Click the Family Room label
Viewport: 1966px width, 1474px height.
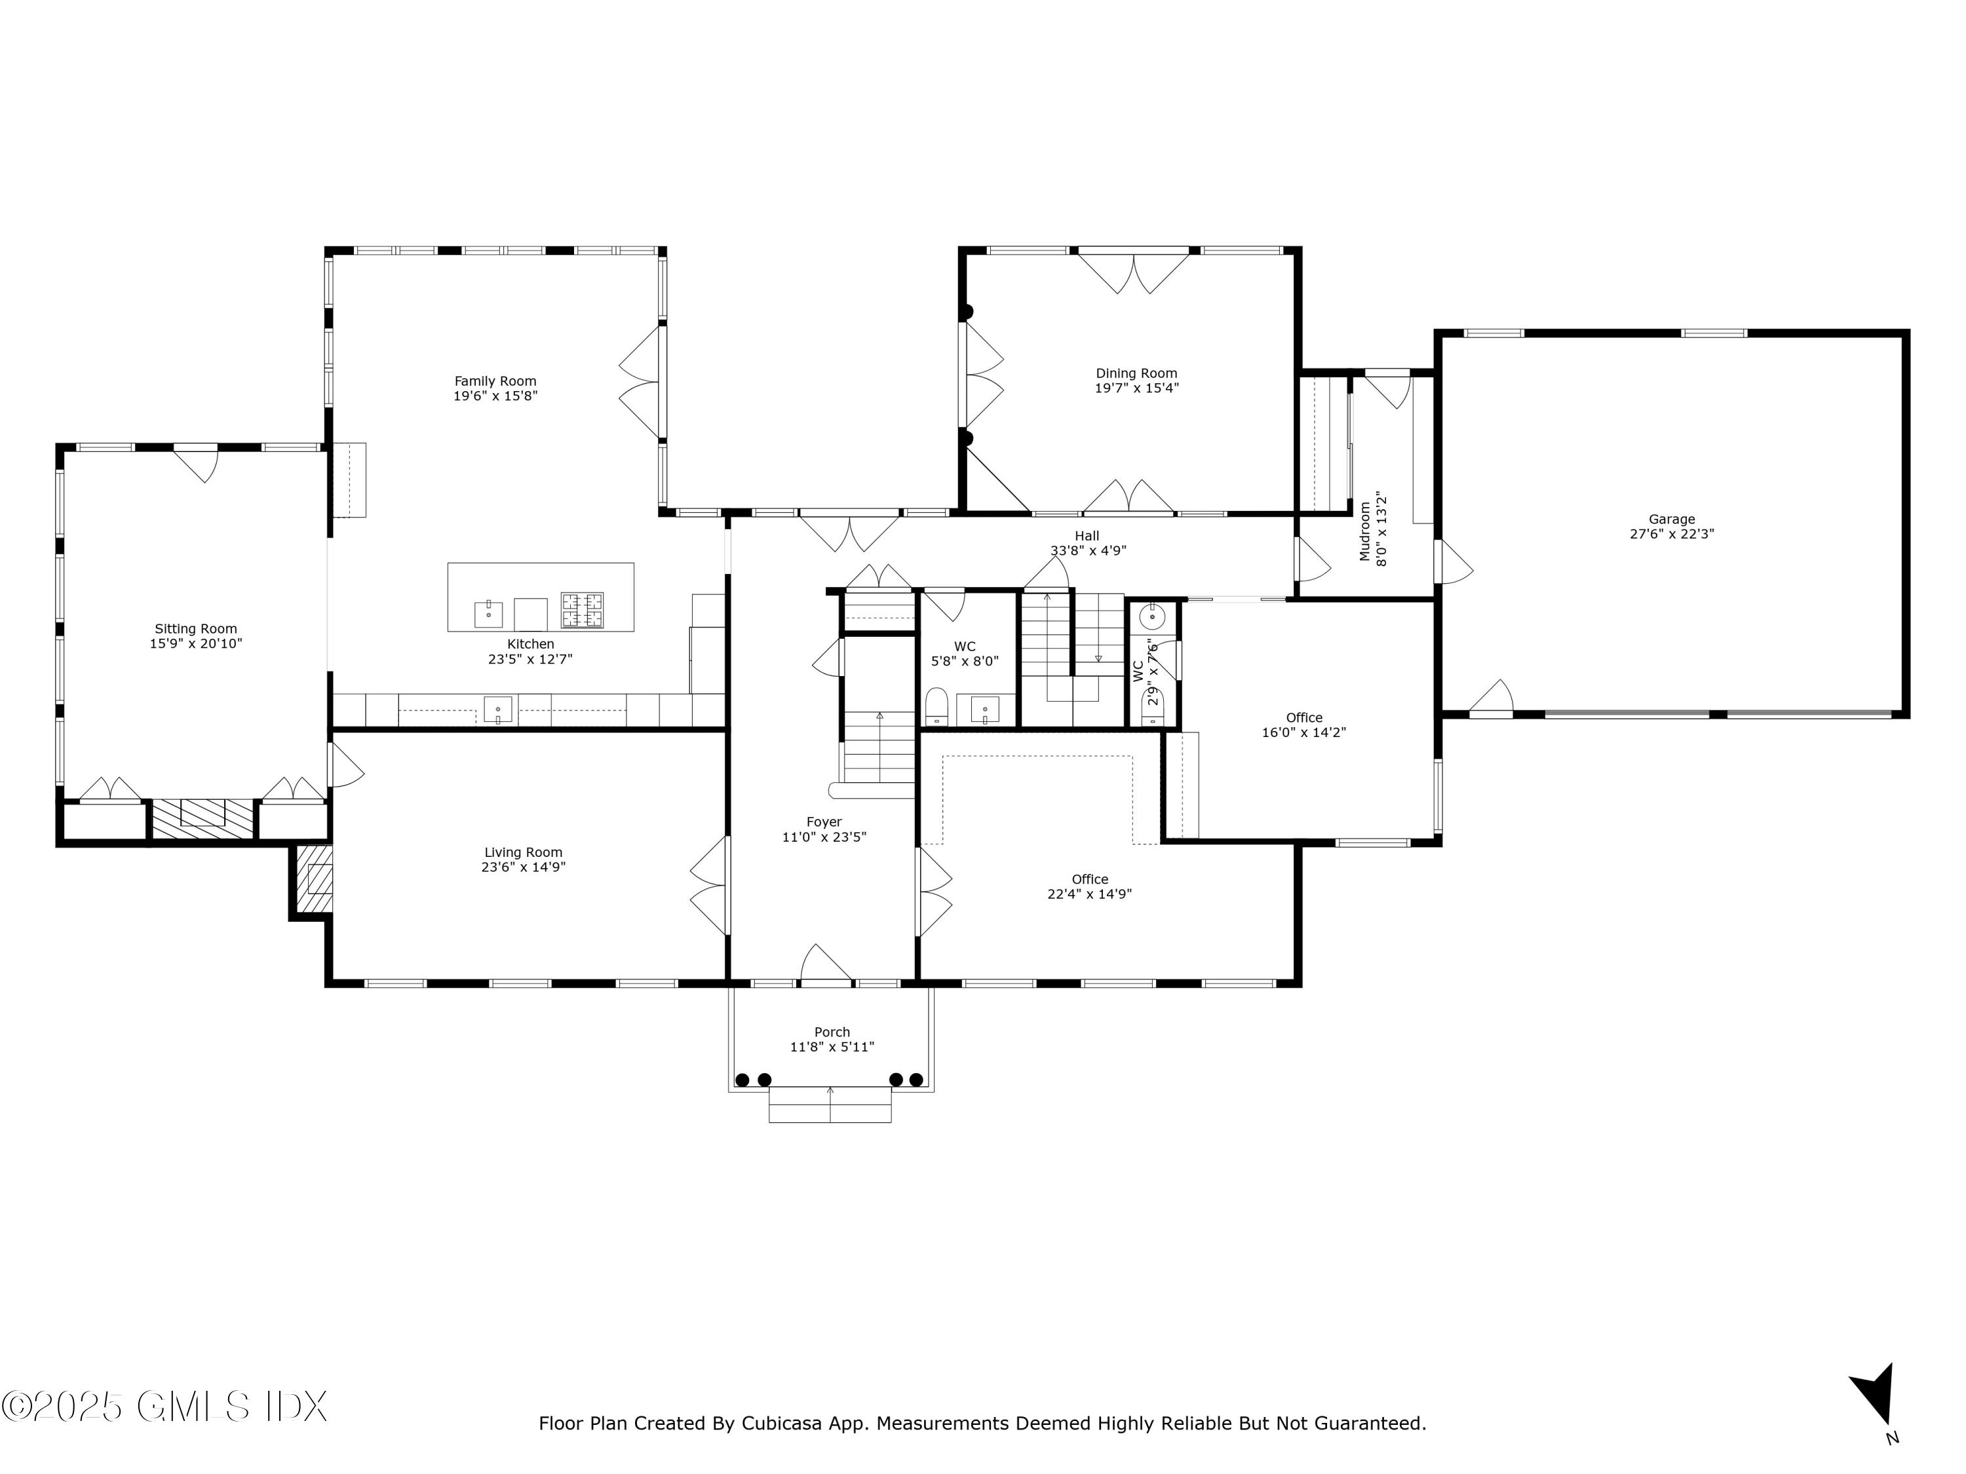[x=495, y=381]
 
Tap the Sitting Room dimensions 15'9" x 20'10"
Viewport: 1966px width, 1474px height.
[x=195, y=644]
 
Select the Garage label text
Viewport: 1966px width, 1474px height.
[x=1672, y=520]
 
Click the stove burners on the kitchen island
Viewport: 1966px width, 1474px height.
[x=582, y=611]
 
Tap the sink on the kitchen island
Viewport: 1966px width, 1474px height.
[x=488, y=613]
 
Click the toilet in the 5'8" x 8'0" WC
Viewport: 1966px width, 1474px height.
[x=936, y=706]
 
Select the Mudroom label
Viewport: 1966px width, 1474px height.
[x=1365, y=532]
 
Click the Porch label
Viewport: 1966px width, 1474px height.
[x=832, y=1032]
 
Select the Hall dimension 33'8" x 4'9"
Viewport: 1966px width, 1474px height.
[x=1088, y=551]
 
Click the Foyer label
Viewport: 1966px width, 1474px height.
[x=824, y=823]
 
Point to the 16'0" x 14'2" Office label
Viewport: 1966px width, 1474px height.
[x=1304, y=718]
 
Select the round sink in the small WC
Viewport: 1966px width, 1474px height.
[x=1153, y=615]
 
